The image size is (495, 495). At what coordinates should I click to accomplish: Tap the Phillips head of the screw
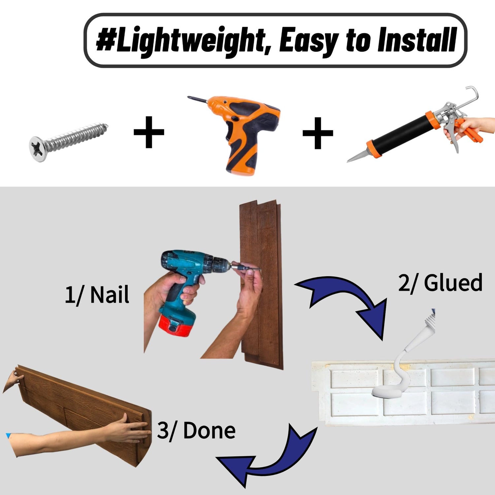38,149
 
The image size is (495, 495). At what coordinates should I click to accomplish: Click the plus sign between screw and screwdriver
149,132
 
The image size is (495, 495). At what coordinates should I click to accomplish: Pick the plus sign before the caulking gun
318,133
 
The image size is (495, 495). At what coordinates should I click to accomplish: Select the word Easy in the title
308,41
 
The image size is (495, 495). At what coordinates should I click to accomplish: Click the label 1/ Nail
97,294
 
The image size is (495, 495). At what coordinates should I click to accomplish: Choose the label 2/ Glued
440,283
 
